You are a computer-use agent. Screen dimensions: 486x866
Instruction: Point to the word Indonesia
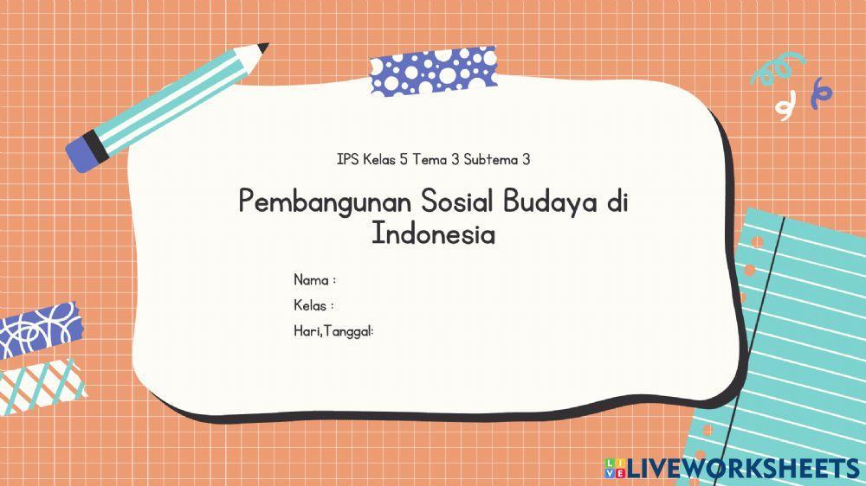coord(433,233)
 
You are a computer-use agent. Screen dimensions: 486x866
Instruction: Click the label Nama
coord(311,280)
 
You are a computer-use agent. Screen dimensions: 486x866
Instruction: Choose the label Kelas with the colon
coord(313,305)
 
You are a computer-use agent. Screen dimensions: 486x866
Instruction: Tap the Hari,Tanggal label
coord(333,330)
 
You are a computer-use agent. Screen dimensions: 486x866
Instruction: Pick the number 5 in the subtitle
coord(404,159)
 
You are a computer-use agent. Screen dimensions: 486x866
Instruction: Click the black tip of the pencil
coord(263,47)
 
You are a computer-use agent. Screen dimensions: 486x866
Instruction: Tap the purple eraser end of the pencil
coord(82,152)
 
